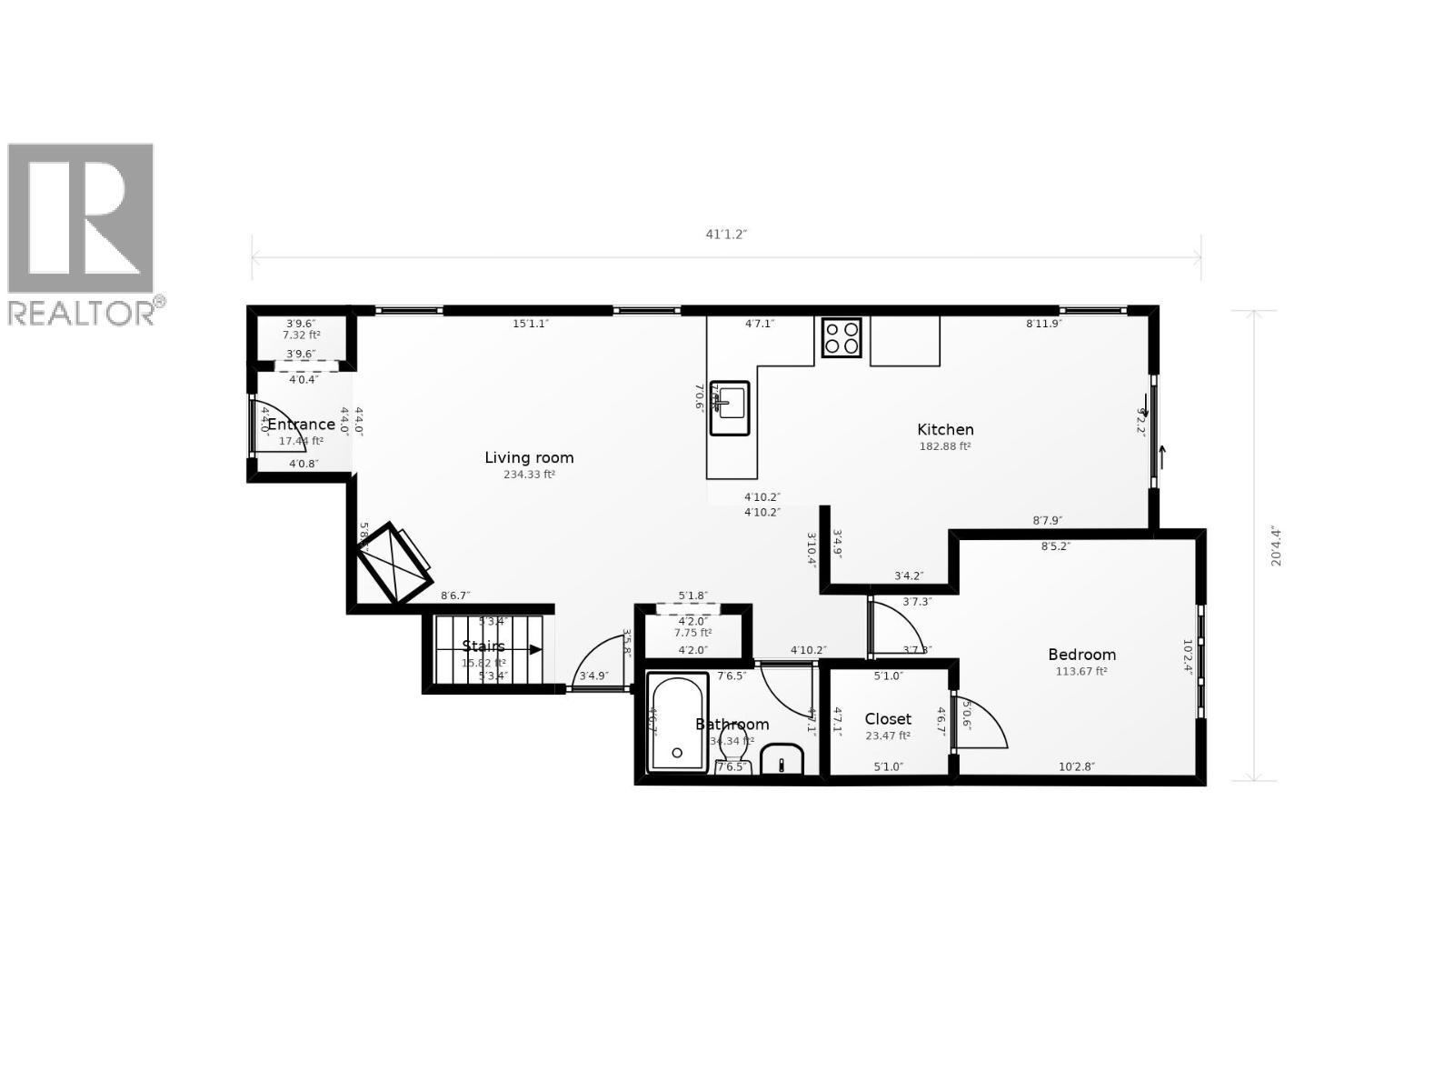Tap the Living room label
[529, 457]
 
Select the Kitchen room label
[945, 429]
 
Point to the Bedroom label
[1081, 654]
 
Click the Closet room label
[888, 719]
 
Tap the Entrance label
[301, 425]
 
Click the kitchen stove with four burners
[842, 337]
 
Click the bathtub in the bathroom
[678, 723]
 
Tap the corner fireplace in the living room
[393, 564]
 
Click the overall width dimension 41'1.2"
[726, 235]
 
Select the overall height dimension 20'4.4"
[1276, 545]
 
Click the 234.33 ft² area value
[529, 475]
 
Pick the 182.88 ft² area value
[945, 446]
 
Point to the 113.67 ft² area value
[1081, 672]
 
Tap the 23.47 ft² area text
[888, 736]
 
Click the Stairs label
[483, 646]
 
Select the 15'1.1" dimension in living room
[531, 324]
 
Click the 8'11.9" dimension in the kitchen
[1043, 324]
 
